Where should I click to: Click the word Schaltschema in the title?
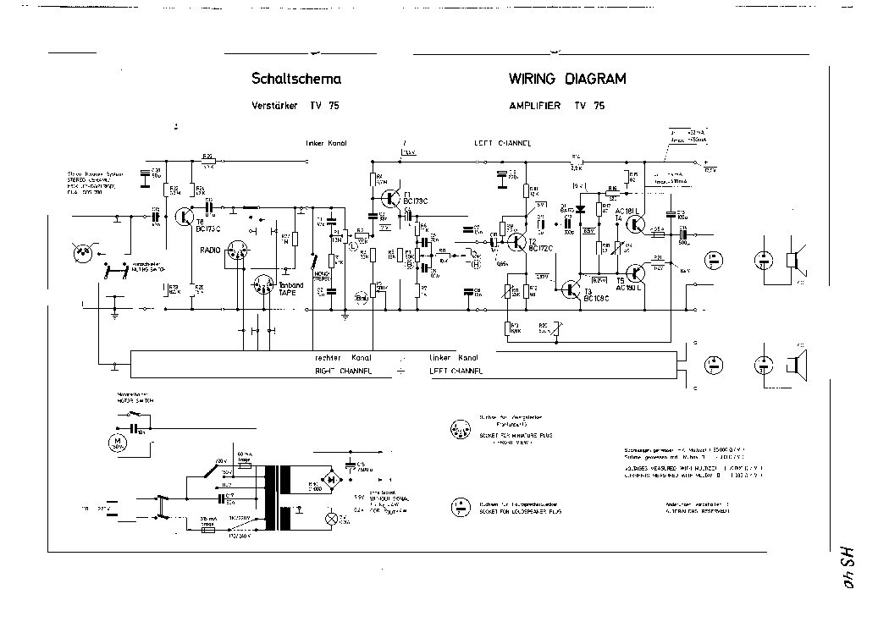click(296, 80)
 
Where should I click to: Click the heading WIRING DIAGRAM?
click(566, 80)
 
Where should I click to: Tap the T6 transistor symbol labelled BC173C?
click(185, 217)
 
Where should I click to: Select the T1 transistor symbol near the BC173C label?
click(390, 198)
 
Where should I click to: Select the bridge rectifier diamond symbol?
click(333, 479)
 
